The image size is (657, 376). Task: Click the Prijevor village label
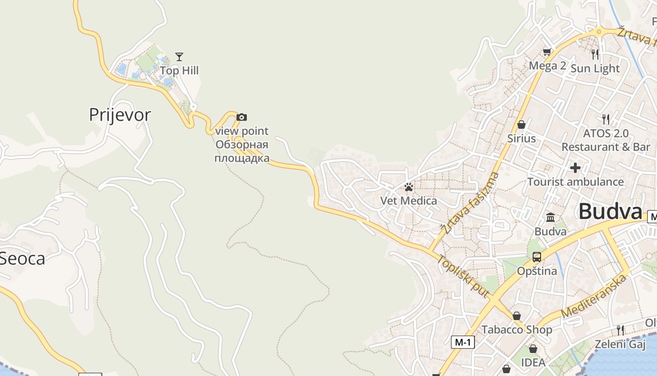pos(120,115)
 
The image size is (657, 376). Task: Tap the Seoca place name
pos(23,258)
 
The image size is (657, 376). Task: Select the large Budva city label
pos(610,211)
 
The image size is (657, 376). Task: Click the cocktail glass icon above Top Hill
pos(179,57)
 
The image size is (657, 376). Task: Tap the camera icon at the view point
pos(241,117)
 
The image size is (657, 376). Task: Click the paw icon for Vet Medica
pos(408,187)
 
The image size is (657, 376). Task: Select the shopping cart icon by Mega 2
pos(547,52)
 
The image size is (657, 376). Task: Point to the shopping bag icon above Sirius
pos(521,125)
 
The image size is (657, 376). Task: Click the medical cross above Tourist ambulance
pos(575,168)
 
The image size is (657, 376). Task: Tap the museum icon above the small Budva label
pos(550,218)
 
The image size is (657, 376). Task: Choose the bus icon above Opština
pos(536,257)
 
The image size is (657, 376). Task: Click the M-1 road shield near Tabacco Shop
pos(463,342)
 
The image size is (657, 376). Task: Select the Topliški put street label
pos(463,277)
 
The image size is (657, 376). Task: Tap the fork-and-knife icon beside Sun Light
pos(595,54)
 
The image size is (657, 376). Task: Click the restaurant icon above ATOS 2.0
pos(606,119)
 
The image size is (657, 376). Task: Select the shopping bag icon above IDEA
pos(533,349)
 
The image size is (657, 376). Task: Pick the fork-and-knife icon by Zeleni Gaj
pos(620,330)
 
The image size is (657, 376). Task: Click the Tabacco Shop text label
pos(517,329)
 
